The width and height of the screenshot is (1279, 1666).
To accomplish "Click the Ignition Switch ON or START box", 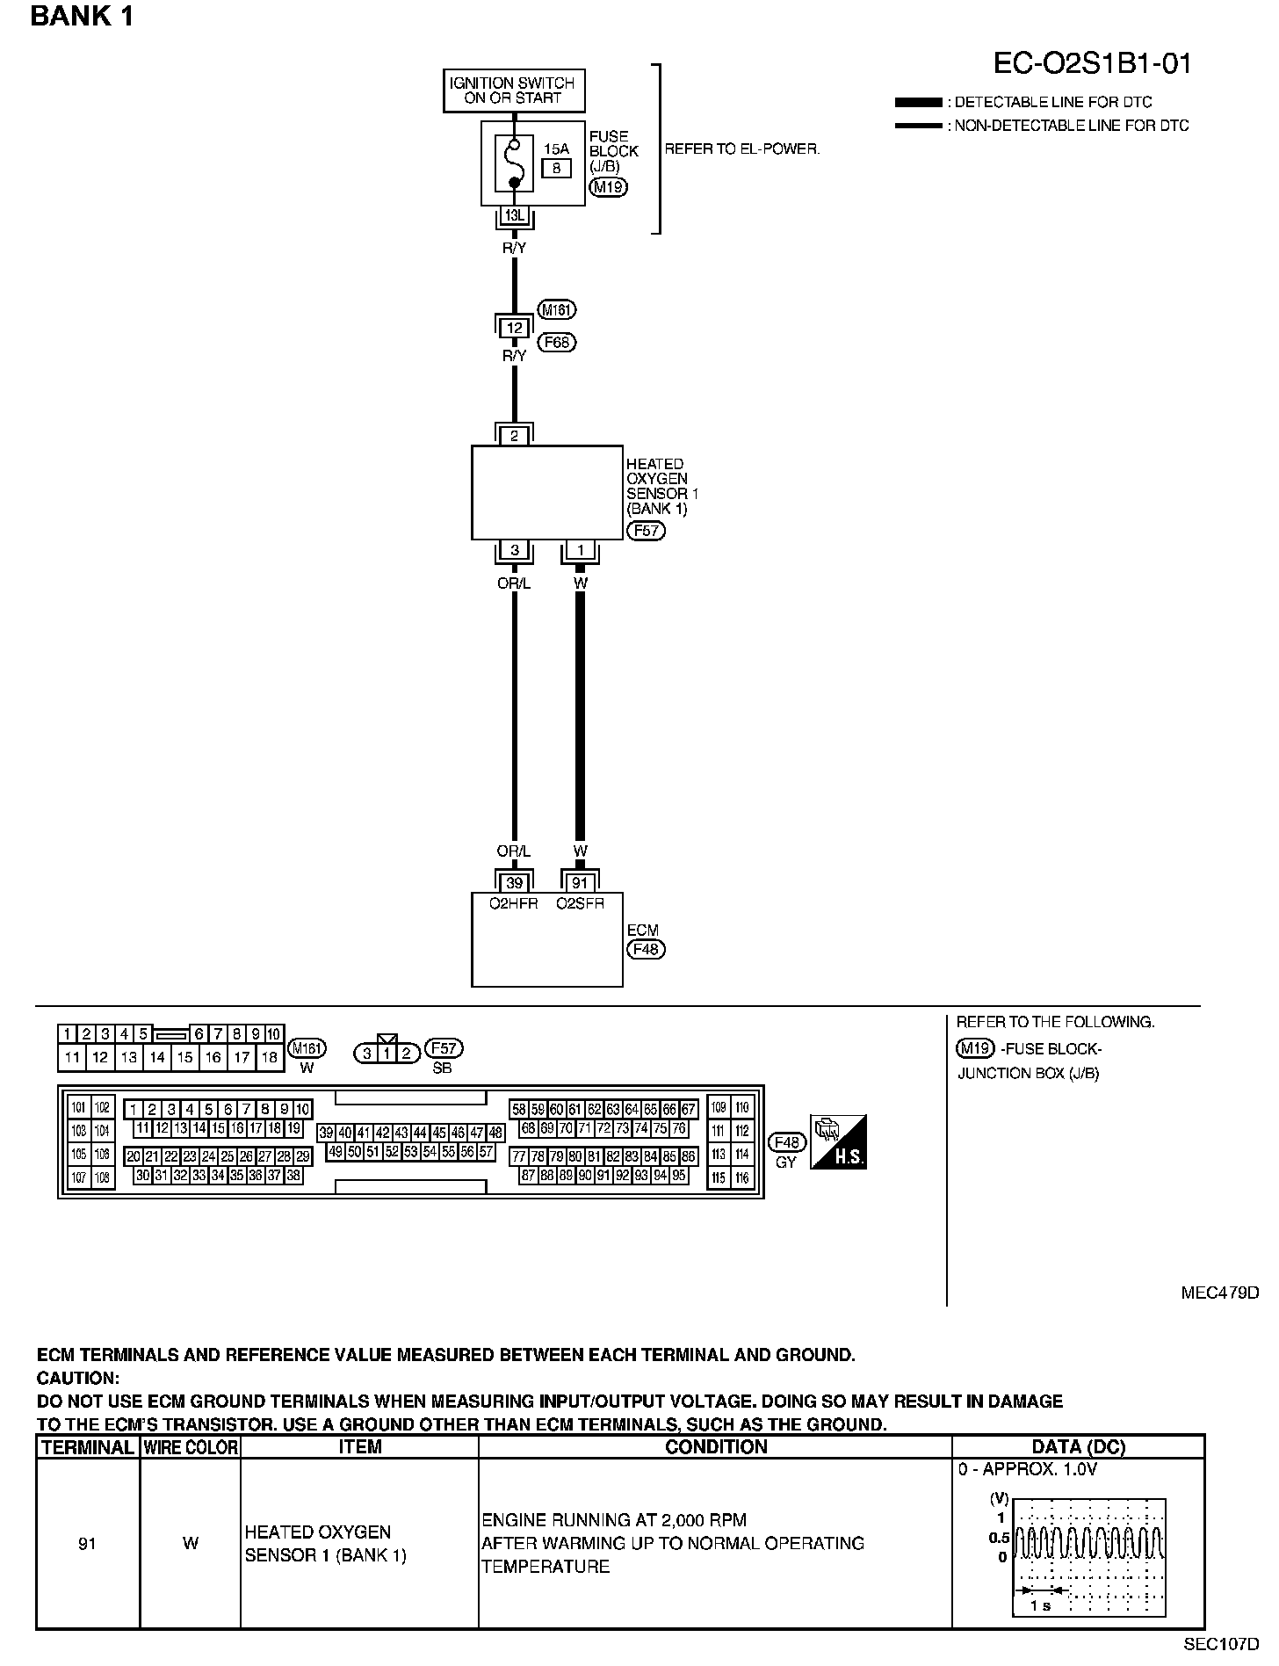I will click(514, 91).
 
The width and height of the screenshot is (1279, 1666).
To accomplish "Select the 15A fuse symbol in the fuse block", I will click(515, 163).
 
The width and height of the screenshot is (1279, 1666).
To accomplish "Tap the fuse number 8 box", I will click(557, 167).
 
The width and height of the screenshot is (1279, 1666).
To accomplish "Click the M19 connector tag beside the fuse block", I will click(608, 186).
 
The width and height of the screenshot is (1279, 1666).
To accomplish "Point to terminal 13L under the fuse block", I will click(515, 215).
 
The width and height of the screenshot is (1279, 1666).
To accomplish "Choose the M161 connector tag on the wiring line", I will click(558, 309).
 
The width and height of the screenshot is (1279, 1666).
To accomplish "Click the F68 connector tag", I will click(558, 342).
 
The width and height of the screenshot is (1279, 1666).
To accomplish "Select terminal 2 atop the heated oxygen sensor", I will click(515, 436).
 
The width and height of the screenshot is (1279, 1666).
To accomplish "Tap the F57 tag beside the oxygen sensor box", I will click(646, 531).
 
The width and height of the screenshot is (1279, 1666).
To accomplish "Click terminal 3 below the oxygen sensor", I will click(515, 551).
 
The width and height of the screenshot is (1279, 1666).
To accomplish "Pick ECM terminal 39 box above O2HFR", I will click(515, 882).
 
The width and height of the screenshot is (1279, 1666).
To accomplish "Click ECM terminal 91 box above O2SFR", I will click(580, 882).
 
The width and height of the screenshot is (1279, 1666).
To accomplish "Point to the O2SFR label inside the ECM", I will click(580, 903).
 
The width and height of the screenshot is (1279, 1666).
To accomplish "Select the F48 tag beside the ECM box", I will click(646, 949).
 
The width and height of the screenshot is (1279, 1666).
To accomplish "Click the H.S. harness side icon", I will click(839, 1141).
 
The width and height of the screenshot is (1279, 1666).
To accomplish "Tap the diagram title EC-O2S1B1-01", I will click(1093, 63).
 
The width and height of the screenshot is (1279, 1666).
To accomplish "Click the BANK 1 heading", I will click(82, 16).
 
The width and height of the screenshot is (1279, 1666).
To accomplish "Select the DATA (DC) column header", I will click(1078, 1446).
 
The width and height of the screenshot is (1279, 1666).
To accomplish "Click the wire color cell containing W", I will click(191, 1543).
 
